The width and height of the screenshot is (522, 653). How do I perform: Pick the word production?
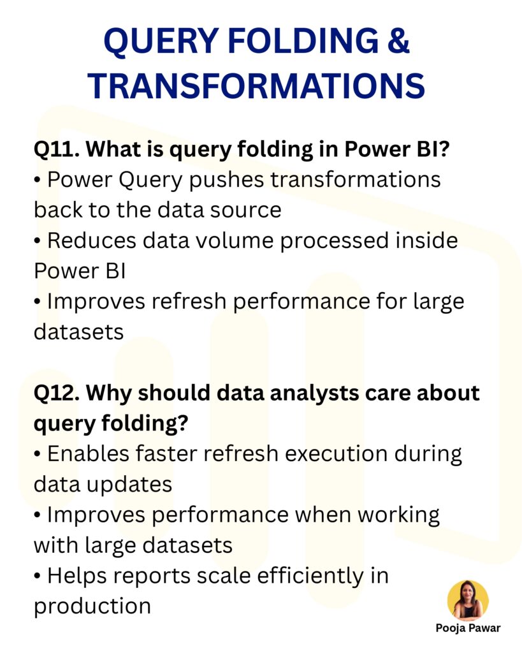coord(92,606)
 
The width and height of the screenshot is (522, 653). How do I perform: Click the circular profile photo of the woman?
coord(468,600)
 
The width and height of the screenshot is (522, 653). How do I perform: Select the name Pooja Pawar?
coord(468,628)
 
